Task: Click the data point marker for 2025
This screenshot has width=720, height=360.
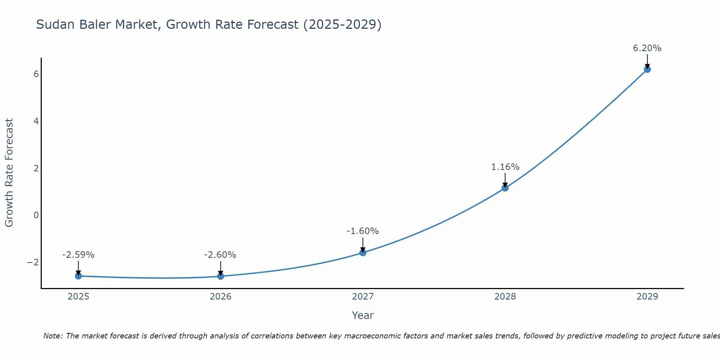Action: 78,276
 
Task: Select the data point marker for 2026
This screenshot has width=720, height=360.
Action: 221,276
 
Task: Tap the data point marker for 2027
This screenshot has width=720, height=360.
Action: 363,253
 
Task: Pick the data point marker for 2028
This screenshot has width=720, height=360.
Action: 505,188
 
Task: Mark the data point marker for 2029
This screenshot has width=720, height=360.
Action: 647,69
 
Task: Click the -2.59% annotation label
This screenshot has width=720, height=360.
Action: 78,255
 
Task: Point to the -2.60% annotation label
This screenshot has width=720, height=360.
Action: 220,255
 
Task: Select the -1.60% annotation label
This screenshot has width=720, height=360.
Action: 363,231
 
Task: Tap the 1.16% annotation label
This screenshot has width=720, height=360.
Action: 505,167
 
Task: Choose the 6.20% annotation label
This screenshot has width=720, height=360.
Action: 647,48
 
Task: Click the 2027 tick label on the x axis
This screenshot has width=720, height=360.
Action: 363,297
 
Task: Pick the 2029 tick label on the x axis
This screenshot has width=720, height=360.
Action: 647,297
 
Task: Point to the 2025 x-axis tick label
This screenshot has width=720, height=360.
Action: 78,297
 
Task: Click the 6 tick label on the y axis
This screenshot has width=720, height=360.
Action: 36,74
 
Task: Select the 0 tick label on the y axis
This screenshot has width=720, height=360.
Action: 36,215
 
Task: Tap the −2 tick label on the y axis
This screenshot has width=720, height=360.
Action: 33,262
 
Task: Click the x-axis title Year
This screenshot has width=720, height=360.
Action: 363,315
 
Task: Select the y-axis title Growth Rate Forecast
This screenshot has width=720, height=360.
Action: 9,173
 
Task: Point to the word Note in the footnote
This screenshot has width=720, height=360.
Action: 53,336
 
